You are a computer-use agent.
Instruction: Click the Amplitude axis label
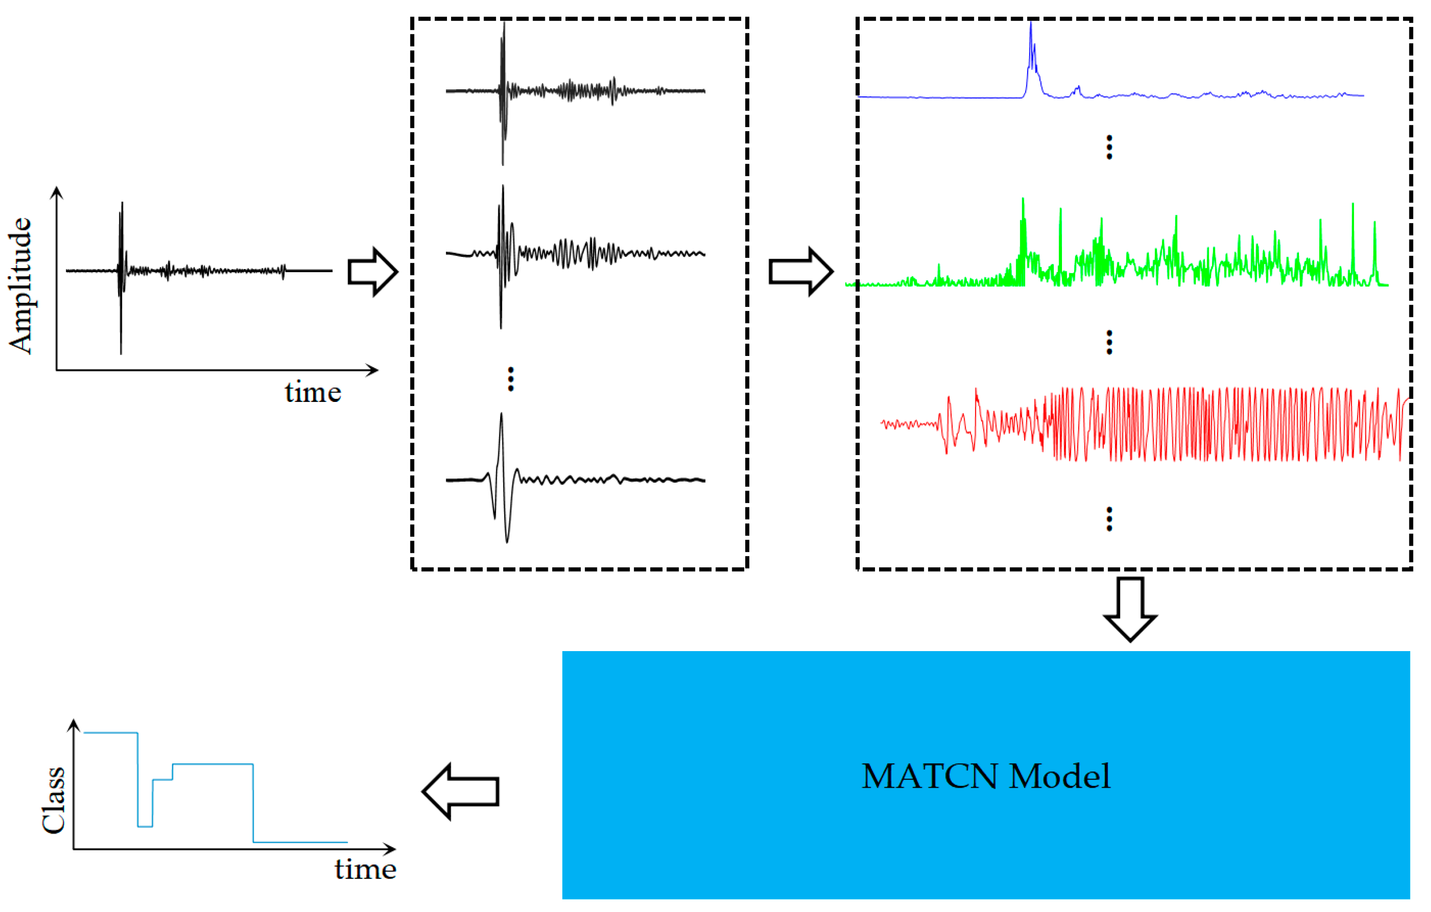(x=20, y=285)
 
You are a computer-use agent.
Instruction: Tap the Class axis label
(x=54, y=800)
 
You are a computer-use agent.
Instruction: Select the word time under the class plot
(x=365, y=870)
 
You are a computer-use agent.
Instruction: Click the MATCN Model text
(x=985, y=776)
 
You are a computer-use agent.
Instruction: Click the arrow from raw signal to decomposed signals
(x=373, y=272)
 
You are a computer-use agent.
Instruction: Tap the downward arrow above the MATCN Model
(x=1130, y=610)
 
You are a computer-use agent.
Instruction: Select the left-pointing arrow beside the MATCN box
(x=460, y=791)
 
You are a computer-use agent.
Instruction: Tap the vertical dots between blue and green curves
(x=1109, y=147)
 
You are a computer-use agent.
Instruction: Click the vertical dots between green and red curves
(x=1109, y=342)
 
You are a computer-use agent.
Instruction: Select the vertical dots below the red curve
(x=1109, y=519)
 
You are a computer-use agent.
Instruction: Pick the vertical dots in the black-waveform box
(x=510, y=379)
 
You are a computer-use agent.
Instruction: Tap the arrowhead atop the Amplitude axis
(x=56, y=192)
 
